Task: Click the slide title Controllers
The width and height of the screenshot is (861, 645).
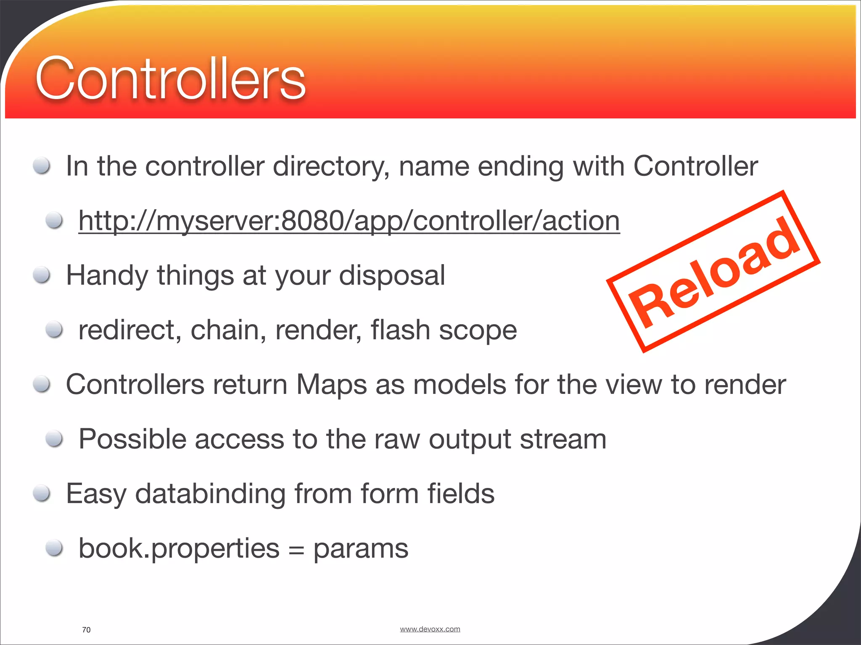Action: point(170,79)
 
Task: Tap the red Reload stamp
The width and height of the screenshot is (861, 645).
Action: point(713,272)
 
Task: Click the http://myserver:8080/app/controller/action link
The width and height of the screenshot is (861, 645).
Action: point(349,221)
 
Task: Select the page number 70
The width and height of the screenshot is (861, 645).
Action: point(86,630)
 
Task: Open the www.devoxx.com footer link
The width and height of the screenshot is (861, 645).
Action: point(430,629)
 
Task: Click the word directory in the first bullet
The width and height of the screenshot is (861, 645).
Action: point(331,166)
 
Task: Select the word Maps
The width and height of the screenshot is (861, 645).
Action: point(331,385)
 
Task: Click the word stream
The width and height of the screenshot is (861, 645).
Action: point(563,439)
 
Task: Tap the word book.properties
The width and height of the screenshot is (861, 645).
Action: point(179,548)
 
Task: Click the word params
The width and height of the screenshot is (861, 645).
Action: point(361,548)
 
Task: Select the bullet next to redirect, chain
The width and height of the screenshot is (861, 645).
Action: point(55,330)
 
